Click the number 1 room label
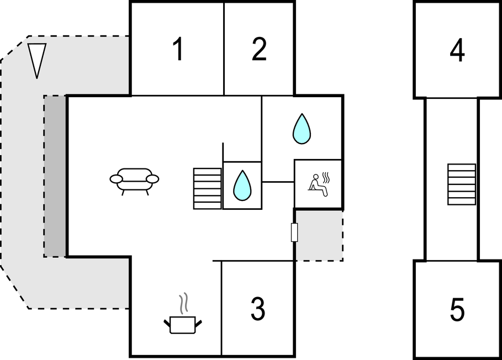(177, 50)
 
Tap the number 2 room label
(259, 50)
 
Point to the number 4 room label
(457, 51)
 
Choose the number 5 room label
(457, 310)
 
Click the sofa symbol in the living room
(134, 179)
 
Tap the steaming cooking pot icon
(183, 324)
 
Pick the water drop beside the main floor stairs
(242, 186)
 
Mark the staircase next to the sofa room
(207, 188)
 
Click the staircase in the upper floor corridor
(461, 184)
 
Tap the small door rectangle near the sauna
(294, 232)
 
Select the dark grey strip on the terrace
(55, 176)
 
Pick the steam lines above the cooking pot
(183, 304)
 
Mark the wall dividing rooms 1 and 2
(224, 49)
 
